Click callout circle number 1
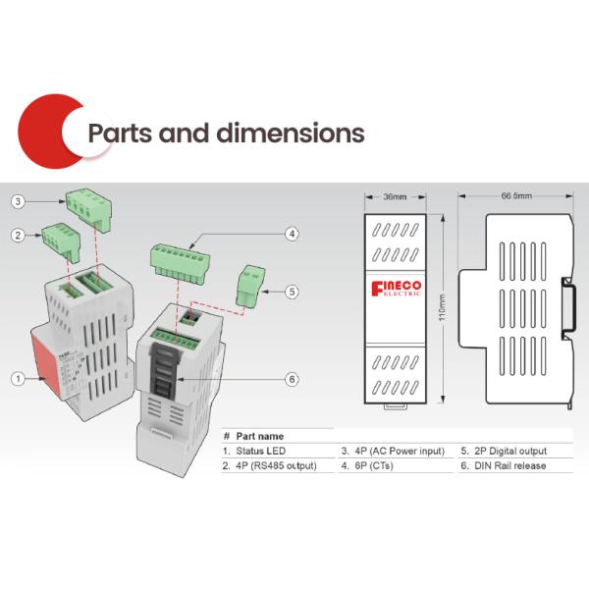coord(17,377)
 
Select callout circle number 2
coord(17,235)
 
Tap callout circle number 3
coord(17,201)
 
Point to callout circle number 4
coord(292,234)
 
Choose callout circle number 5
coord(292,291)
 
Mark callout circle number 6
coord(292,379)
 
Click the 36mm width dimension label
coord(394,196)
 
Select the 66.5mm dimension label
coord(516,196)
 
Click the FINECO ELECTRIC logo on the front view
coord(397,288)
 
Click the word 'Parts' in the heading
coord(118,133)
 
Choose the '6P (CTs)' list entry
coord(370,465)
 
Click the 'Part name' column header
coord(260,435)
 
